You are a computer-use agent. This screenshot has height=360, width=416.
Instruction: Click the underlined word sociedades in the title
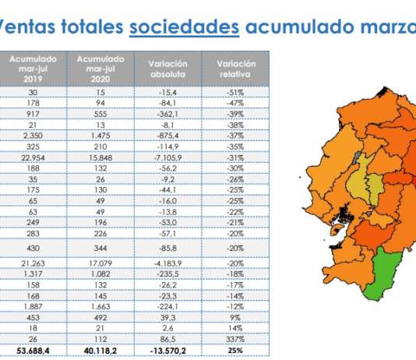185,26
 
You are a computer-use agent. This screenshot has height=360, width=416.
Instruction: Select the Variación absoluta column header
168,69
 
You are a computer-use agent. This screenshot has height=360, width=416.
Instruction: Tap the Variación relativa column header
235,69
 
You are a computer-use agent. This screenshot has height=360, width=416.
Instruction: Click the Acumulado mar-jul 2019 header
33,69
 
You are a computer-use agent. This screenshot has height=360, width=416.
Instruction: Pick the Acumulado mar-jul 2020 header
100,69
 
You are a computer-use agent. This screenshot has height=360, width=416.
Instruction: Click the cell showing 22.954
33,158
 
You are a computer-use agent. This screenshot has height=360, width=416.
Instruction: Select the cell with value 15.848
100,158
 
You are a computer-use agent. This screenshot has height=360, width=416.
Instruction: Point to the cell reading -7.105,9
168,158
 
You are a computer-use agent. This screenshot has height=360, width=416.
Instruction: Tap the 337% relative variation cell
235,339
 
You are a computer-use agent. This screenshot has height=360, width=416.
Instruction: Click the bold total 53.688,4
33,351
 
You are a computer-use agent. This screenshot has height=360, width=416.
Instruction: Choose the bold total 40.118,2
100,351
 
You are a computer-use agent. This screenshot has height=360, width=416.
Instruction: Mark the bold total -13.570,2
168,351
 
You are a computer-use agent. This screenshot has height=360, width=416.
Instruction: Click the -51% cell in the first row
235,93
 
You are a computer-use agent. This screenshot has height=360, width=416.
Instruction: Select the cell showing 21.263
33,263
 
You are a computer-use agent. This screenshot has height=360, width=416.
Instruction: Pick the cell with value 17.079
100,263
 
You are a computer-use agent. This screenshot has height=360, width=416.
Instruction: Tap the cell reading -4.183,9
168,263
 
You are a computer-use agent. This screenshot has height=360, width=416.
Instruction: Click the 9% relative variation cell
235,318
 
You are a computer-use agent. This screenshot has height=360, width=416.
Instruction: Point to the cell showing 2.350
33,136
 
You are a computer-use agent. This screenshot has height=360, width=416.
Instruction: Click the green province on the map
383,274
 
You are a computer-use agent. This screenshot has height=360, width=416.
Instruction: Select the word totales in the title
93,26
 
